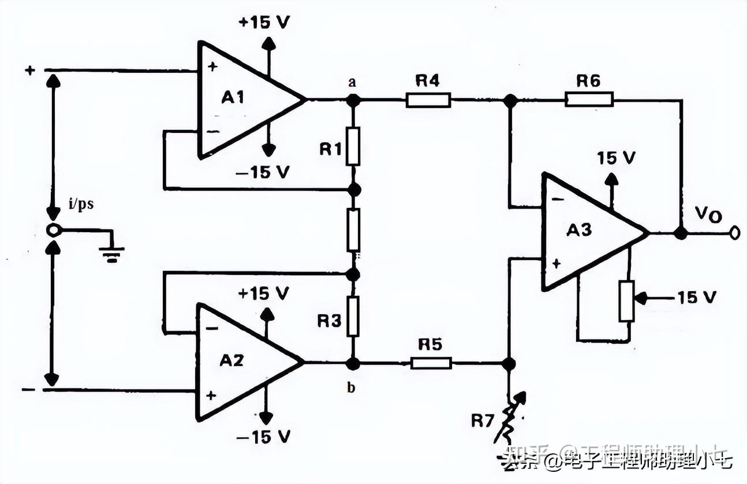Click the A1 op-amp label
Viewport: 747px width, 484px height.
233,98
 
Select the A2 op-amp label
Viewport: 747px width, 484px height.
231,360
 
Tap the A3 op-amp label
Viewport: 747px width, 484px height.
578,230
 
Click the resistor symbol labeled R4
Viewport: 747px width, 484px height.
428,100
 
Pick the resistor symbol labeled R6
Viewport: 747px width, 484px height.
588,100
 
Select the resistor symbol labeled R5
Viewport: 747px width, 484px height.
431,363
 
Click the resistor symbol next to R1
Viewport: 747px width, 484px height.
353,146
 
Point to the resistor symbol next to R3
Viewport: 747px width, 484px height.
353,316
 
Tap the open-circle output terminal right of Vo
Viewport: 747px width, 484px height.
734,233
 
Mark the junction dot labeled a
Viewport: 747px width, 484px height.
353,100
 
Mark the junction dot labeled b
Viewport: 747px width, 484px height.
353,363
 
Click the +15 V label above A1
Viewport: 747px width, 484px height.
264,23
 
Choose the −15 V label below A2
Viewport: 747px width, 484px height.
263,436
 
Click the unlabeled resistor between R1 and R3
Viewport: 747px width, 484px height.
353,229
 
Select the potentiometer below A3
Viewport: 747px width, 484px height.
626,300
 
